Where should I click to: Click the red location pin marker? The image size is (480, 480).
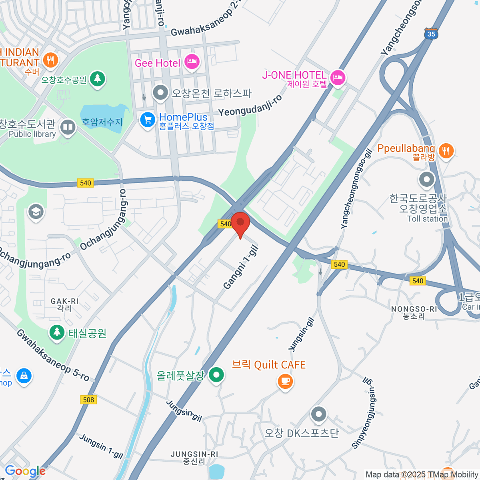240,223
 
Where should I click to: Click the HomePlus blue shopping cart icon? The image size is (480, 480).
148,119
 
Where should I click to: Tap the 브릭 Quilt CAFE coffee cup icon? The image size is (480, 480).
285,381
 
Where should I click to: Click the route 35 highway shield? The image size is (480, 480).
431,34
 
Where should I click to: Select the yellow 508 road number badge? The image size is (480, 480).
88,400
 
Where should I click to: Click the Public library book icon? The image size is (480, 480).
68,128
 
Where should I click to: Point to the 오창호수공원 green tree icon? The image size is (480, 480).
97,78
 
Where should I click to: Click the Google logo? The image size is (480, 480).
25,471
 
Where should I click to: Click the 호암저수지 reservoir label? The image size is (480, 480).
102,122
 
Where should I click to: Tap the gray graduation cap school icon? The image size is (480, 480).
36,212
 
